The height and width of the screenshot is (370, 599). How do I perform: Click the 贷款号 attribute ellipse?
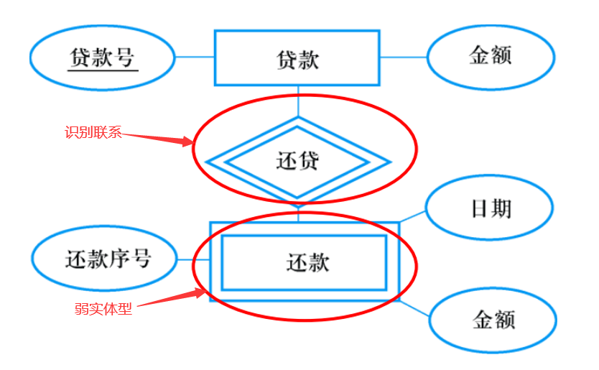pyautogui.click(x=102, y=57)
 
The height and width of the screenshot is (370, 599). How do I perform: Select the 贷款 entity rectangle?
pyautogui.click(x=297, y=57)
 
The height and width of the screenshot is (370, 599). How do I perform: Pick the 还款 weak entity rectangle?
pyautogui.click(x=304, y=262)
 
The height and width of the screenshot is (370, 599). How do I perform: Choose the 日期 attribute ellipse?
pyautogui.click(x=491, y=208)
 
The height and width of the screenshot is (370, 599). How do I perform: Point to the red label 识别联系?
pyautogui.click(x=93, y=133)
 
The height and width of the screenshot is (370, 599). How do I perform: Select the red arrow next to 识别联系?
pyautogui.click(x=157, y=138)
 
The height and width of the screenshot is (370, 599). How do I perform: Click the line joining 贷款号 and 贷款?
pyautogui.click(x=194, y=57)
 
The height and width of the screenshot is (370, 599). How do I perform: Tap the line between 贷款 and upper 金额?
pyautogui.click(x=403, y=57)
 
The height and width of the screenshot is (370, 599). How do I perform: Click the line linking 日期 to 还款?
pyautogui.click(x=413, y=215)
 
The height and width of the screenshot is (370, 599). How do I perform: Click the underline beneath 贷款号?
pyautogui.click(x=102, y=70)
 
